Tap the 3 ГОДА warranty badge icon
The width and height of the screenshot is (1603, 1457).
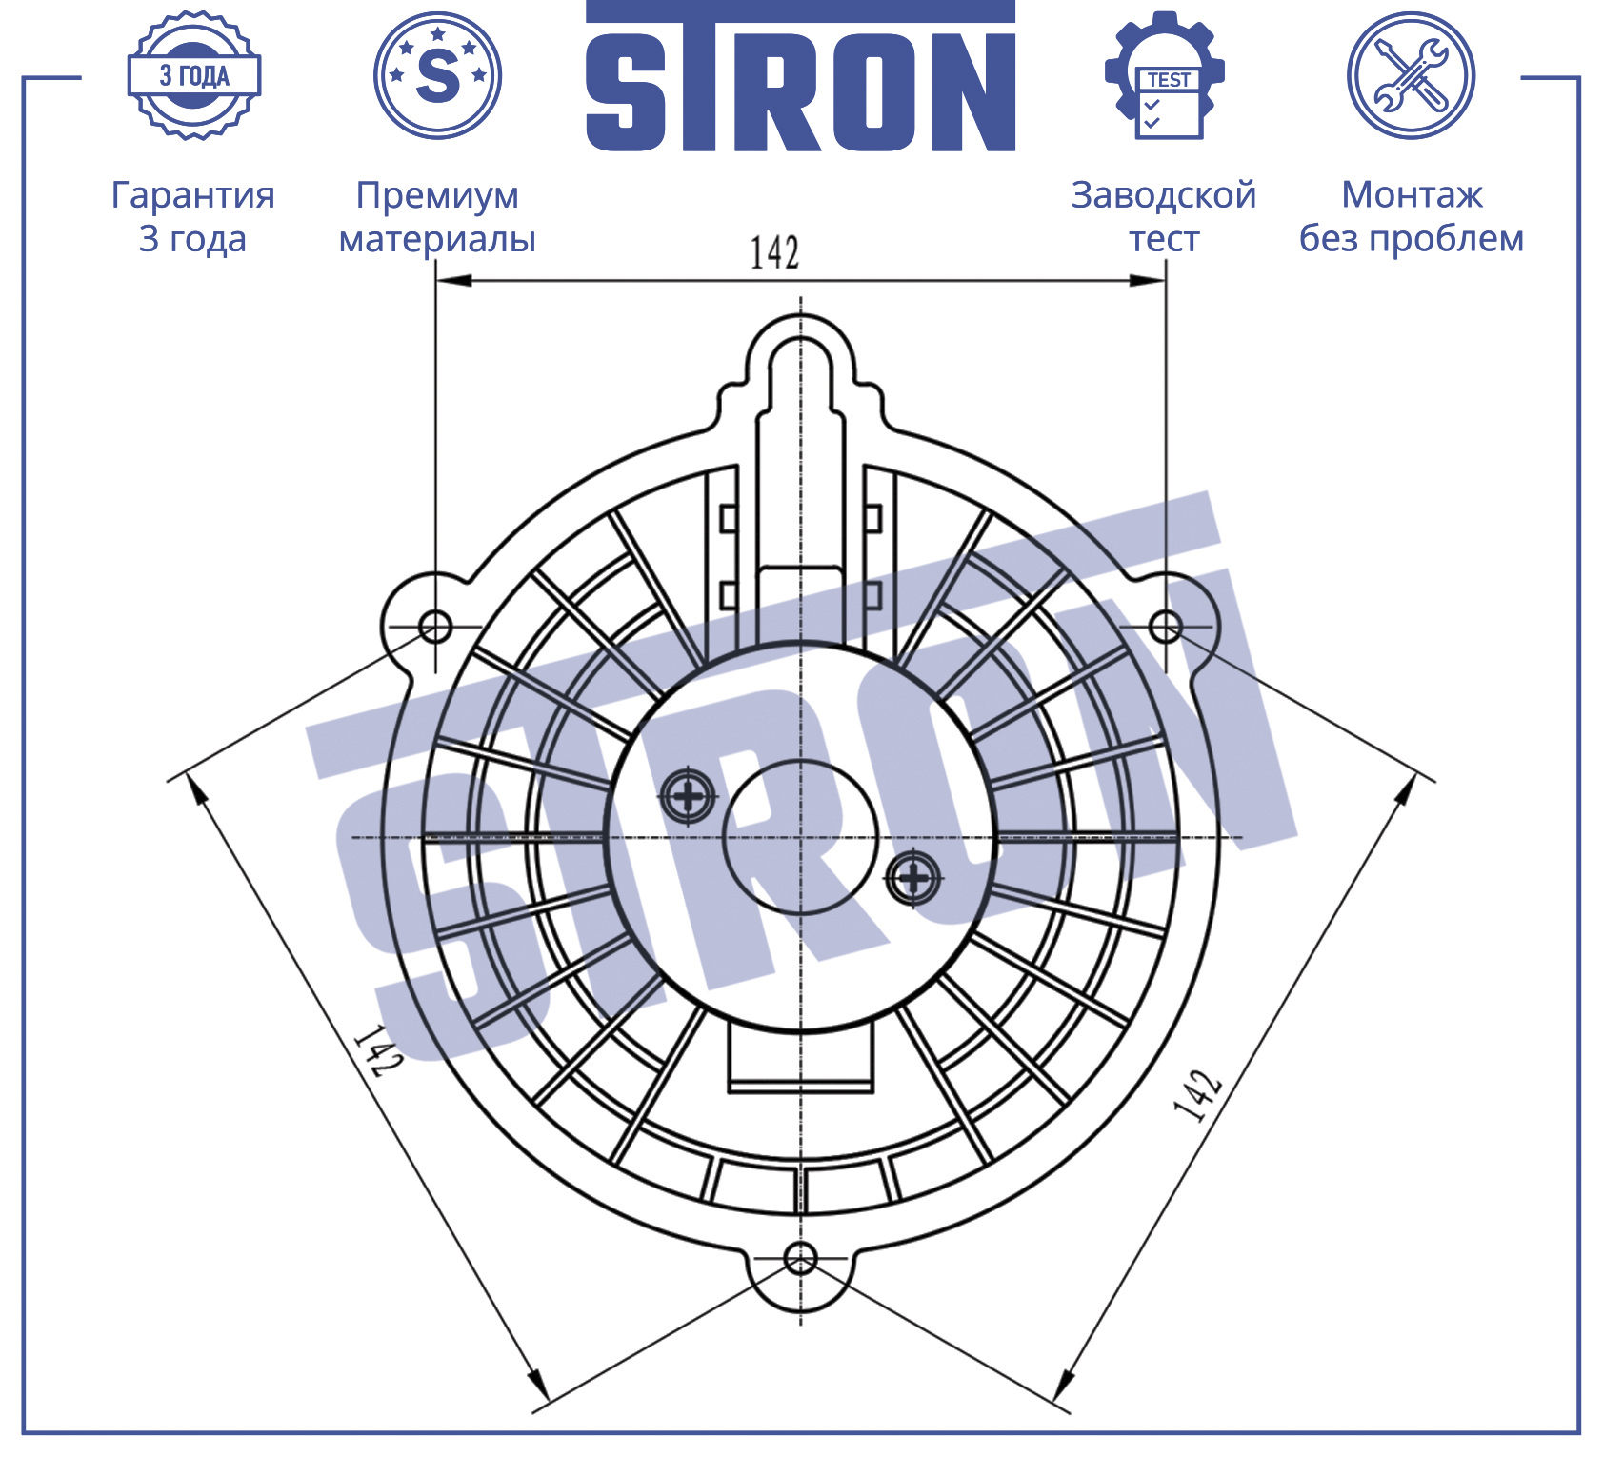(194, 75)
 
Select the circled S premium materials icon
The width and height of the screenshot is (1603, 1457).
(437, 75)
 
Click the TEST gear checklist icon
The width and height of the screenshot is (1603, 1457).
(1164, 75)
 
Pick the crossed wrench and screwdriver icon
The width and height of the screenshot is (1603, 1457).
(1411, 75)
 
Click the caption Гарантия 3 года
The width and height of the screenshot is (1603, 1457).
(193, 216)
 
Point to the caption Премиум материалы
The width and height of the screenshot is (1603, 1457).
(437, 217)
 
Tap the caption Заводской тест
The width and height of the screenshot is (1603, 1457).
(1164, 216)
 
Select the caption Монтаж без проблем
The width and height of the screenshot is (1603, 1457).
(1412, 216)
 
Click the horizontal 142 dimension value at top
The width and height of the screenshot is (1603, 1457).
(774, 252)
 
